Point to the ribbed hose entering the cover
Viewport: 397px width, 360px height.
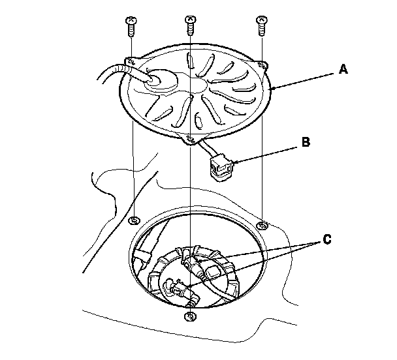(x=118, y=70)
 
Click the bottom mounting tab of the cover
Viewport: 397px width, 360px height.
(x=189, y=138)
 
